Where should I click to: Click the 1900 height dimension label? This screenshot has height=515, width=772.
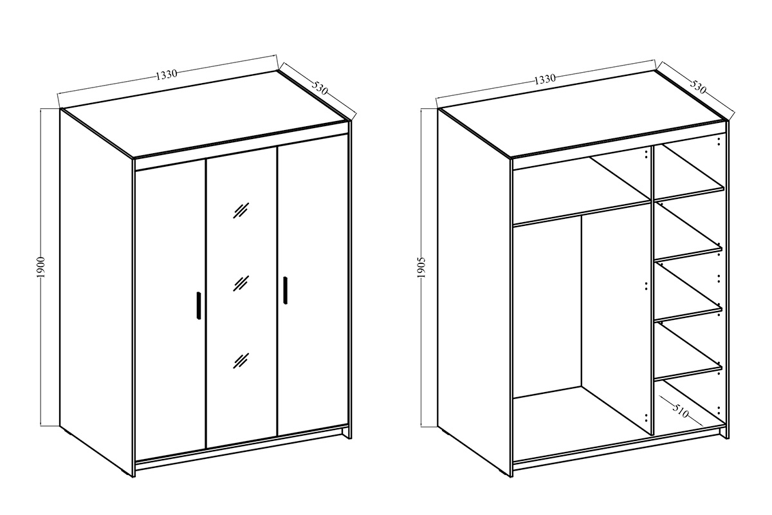[x=41, y=267]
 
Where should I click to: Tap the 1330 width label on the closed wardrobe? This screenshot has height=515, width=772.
[x=167, y=75]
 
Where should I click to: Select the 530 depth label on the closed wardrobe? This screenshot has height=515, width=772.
[x=320, y=88]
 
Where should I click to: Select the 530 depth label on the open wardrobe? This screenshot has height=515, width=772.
[x=698, y=87]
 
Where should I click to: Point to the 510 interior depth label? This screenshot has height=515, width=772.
[x=681, y=412]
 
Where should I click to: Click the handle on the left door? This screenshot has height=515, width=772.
[x=199, y=306]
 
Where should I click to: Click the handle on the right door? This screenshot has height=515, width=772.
[x=285, y=290]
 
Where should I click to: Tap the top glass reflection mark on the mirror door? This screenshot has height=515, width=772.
[x=241, y=211]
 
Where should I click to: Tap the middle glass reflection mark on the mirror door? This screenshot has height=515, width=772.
[x=241, y=283]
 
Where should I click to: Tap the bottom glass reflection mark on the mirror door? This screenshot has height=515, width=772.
[x=241, y=360]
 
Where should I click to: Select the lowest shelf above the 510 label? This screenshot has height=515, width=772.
[x=688, y=373]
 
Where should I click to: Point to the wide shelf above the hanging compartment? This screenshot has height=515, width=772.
[x=581, y=213]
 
